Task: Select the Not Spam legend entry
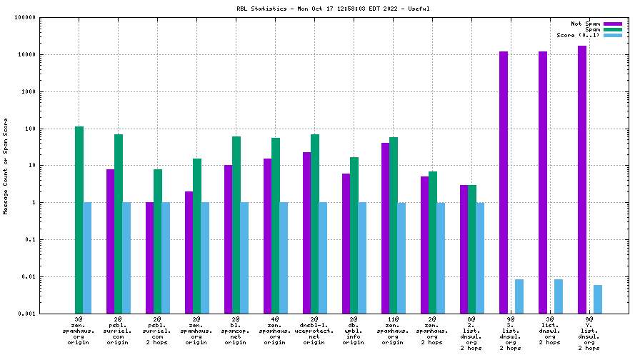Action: [x=612, y=24]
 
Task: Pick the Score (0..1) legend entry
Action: [x=612, y=35]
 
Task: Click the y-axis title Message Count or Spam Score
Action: [x=6, y=166]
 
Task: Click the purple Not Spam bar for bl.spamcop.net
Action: [x=229, y=239]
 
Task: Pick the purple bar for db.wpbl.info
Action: [x=346, y=243]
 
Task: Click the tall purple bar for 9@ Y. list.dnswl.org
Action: [x=582, y=179]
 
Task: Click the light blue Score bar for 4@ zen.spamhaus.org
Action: [x=284, y=258]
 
